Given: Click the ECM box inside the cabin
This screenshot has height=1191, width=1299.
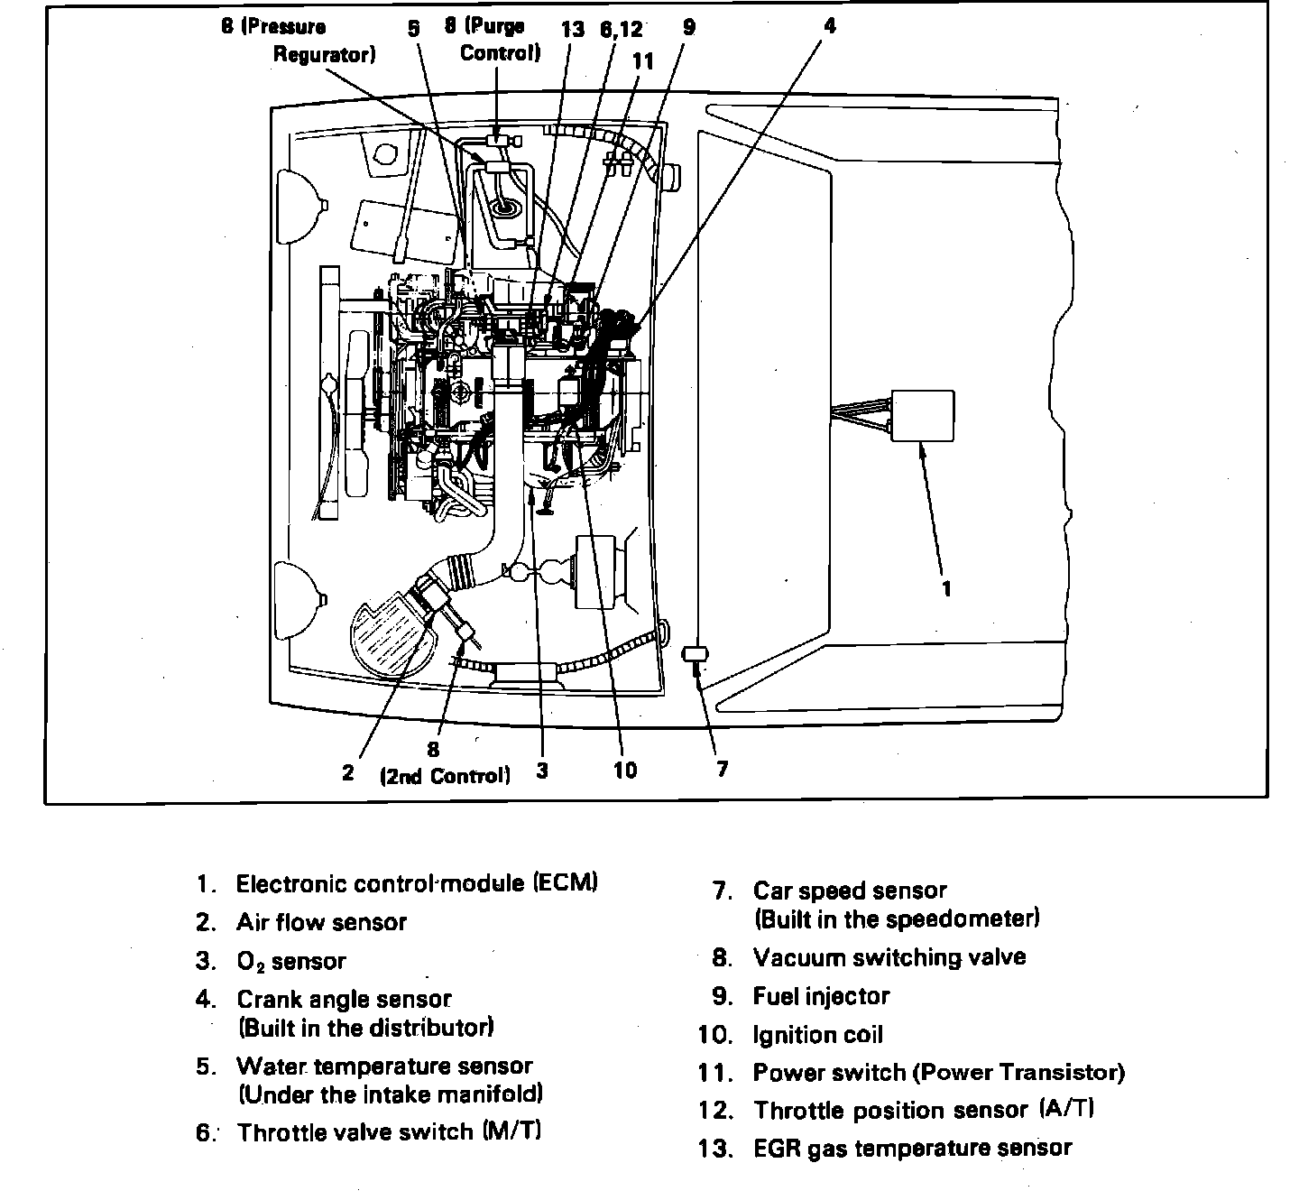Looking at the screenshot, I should [x=923, y=416].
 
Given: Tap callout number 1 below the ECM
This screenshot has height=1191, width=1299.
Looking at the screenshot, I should [x=946, y=588].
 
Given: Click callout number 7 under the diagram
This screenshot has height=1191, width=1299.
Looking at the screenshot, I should [x=722, y=769].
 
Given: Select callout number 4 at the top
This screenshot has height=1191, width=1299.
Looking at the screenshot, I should [x=829, y=26].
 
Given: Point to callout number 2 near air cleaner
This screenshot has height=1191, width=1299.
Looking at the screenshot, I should [x=347, y=773].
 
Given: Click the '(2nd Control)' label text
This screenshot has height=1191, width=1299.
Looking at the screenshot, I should [x=445, y=776].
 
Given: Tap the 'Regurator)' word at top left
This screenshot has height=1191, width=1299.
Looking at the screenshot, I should [x=324, y=54].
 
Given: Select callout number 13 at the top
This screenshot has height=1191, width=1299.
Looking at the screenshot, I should [x=572, y=29].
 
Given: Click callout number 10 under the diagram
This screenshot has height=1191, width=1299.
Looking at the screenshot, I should [x=624, y=770].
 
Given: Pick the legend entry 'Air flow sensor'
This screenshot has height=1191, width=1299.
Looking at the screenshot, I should [x=321, y=922].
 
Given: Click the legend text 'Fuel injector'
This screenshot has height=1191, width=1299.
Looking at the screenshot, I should [x=821, y=996].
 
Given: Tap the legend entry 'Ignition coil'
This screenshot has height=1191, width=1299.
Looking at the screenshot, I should [x=817, y=1035].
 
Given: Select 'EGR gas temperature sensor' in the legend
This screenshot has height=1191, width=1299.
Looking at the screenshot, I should [x=912, y=1149].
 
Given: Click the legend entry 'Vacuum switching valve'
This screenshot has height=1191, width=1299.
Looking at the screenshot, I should [x=889, y=957].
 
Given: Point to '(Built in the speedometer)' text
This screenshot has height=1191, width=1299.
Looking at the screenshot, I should [x=897, y=919].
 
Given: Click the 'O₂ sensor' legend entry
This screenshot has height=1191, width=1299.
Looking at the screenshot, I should [x=290, y=962].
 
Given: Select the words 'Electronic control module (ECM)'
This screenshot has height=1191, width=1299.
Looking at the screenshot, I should [x=417, y=883].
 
